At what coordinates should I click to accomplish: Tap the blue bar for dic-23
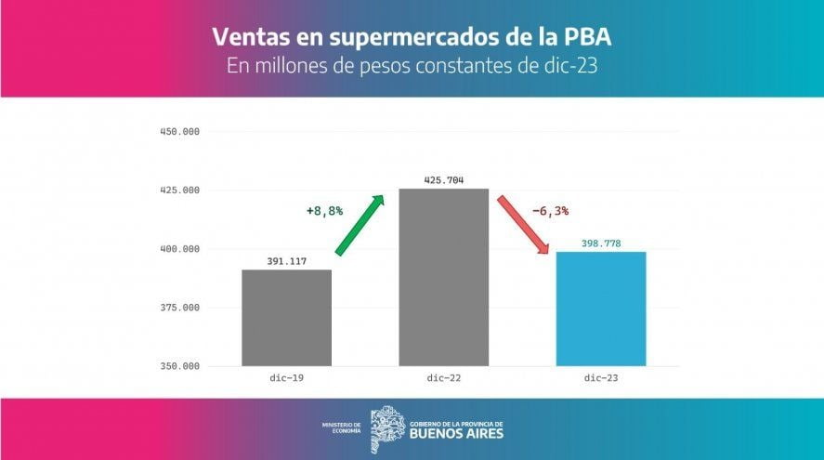point(601,309)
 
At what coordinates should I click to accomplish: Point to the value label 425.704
point(443,179)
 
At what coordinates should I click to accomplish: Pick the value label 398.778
point(601,243)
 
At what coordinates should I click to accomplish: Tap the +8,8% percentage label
point(324,211)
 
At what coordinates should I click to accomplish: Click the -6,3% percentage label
point(550,211)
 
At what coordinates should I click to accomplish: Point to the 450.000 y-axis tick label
point(179,132)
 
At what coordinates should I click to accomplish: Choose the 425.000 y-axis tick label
point(179,191)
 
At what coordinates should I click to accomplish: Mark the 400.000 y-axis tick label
point(179,249)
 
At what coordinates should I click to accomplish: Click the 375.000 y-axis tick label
point(179,308)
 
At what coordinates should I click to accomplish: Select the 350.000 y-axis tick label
point(179,366)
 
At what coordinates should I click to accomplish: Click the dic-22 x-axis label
point(443,379)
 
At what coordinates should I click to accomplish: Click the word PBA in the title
point(587,38)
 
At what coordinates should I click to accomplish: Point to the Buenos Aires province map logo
point(386,428)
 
